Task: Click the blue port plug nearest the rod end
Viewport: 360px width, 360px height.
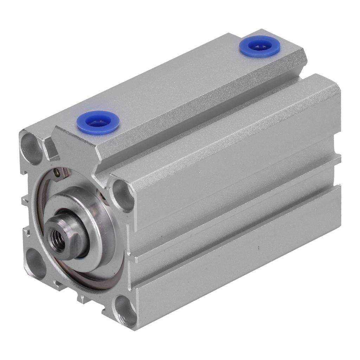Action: [x=98, y=123]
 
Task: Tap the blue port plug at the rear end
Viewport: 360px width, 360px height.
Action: [x=260, y=46]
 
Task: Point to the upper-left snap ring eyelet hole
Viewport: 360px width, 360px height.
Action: [x=56, y=172]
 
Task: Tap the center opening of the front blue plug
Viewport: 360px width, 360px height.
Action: [x=98, y=122]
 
